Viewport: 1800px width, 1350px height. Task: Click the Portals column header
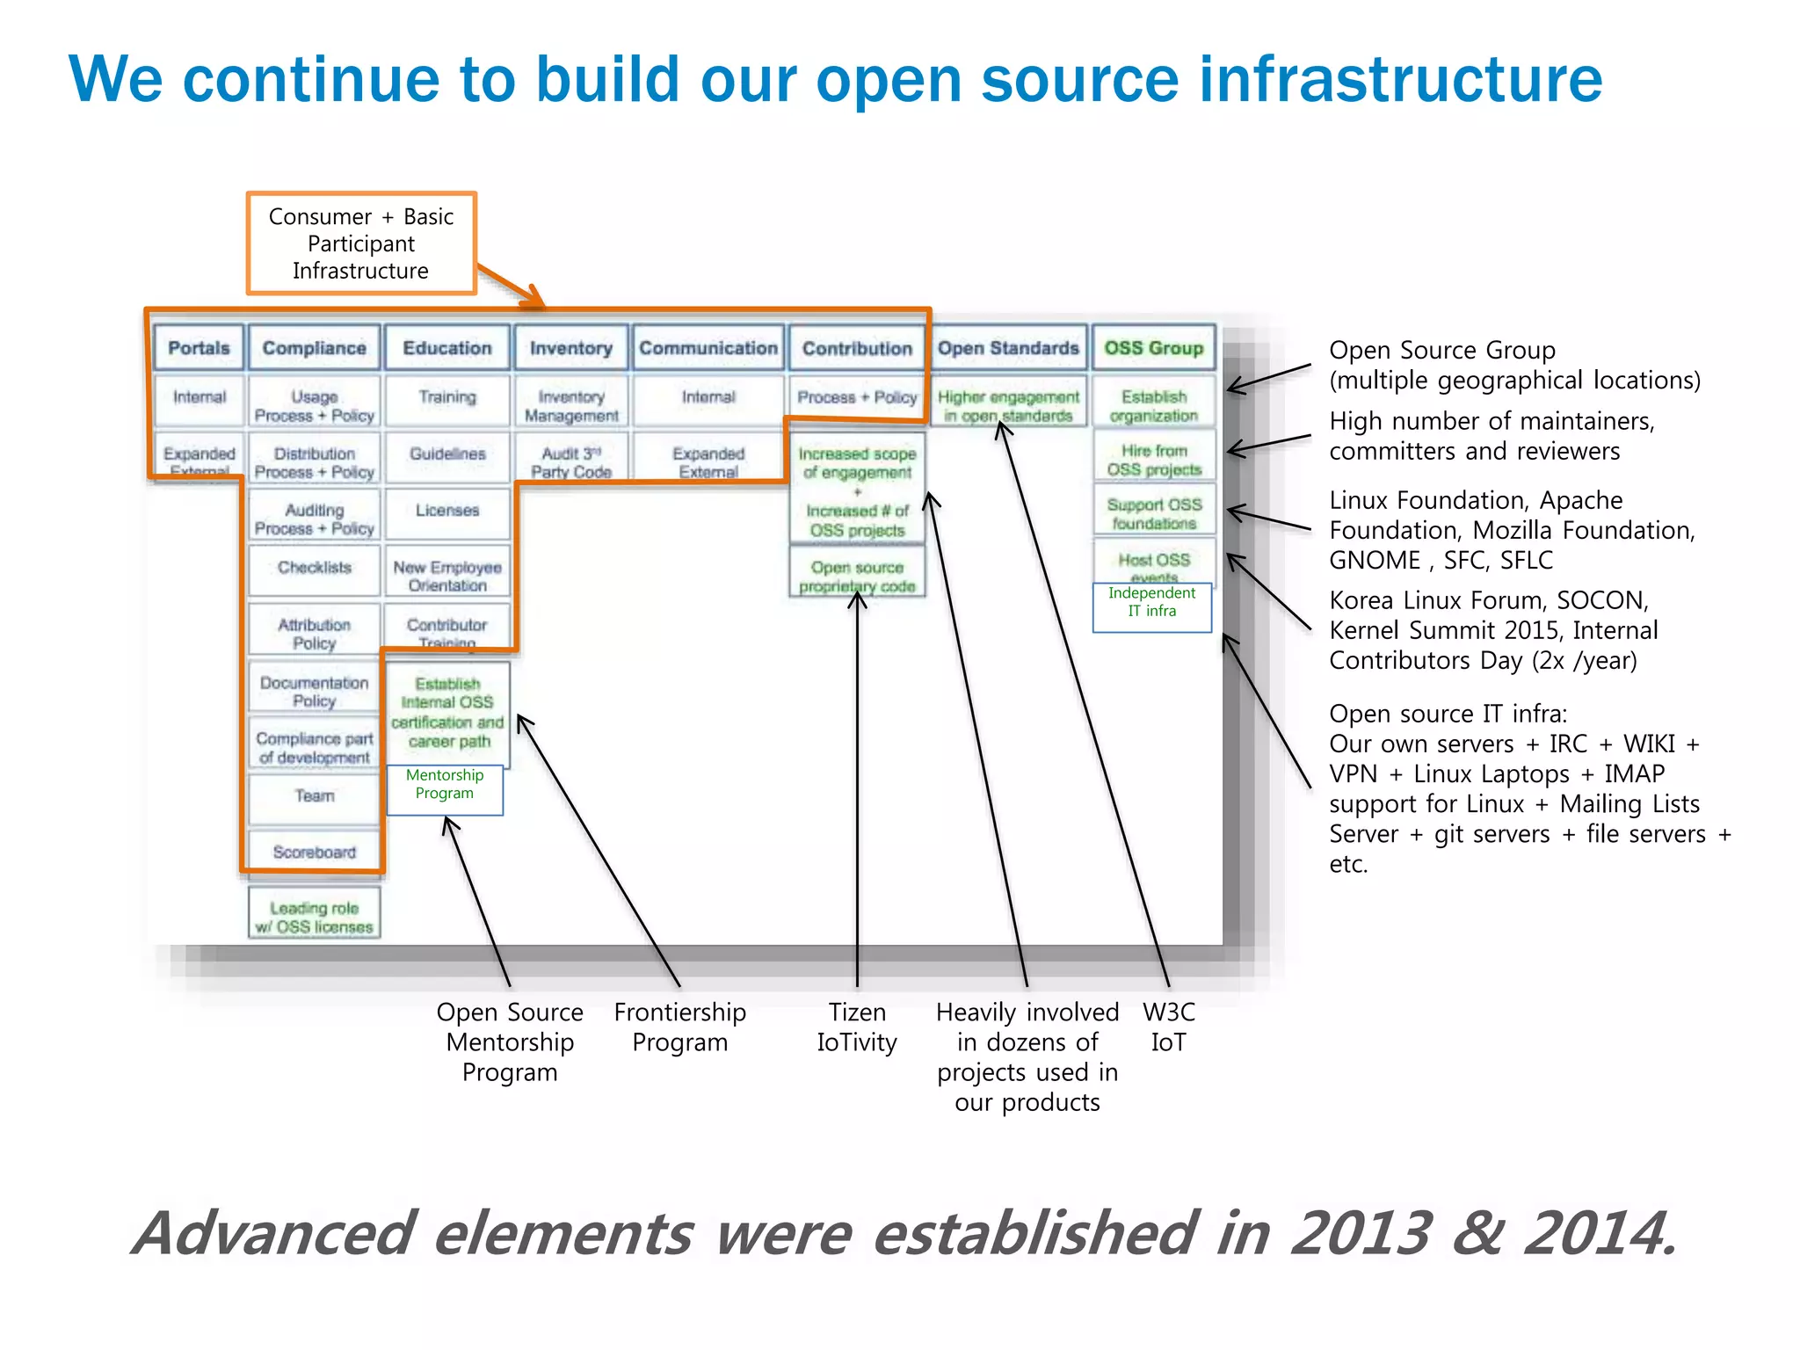(x=199, y=348)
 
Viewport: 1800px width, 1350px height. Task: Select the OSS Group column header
(x=1153, y=348)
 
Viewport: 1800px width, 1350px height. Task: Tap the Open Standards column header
(x=1007, y=348)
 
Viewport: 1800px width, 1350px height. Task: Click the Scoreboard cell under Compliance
(x=314, y=852)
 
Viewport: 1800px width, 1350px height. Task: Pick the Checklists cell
(x=314, y=568)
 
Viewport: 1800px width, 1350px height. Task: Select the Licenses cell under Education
(x=447, y=511)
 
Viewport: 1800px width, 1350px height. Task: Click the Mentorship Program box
(x=445, y=785)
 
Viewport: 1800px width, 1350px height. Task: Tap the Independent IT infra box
(x=1151, y=603)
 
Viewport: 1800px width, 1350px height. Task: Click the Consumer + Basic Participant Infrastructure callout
(x=361, y=243)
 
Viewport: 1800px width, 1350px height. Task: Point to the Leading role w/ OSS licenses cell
(x=314, y=918)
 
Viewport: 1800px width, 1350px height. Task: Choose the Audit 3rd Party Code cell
(x=571, y=462)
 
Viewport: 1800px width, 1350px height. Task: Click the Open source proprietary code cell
(x=857, y=577)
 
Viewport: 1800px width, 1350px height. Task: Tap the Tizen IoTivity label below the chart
(x=857, y=1027)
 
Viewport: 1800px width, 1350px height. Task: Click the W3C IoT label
(x=1168, y=1027)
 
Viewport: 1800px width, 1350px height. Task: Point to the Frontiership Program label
(x=679, y=1027)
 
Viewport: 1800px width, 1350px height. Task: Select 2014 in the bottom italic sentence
(x=1598, y=1233)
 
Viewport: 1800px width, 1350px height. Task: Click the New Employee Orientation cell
(x=447, y=577)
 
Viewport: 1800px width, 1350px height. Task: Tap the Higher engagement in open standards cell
(x=1007, y=406)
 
